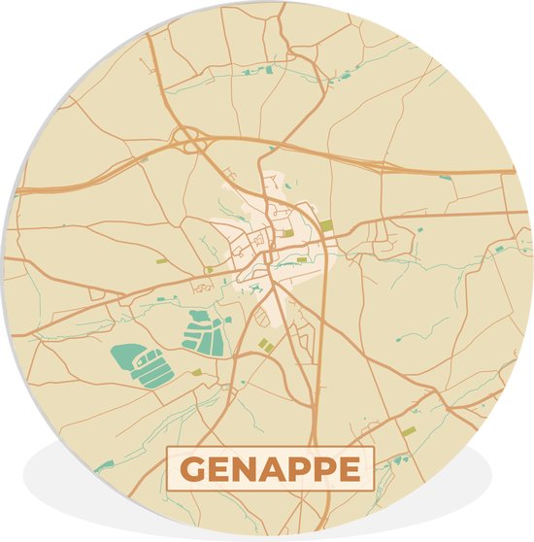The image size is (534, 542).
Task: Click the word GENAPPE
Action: point(267,469)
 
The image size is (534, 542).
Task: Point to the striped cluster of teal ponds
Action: point(204,330)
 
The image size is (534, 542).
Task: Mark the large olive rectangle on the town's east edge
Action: point(327,226)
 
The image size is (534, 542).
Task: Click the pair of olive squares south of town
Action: point(265,344)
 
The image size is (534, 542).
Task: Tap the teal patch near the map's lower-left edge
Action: point(103,466)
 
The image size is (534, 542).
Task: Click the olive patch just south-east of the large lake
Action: point(196,372)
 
